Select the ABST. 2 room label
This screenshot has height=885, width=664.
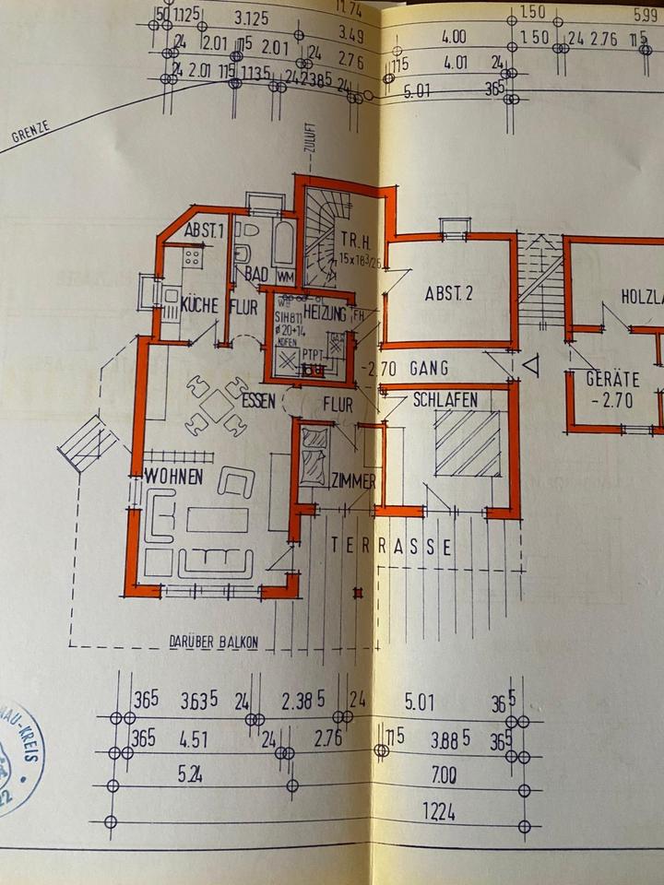448,295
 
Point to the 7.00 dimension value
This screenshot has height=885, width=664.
444,776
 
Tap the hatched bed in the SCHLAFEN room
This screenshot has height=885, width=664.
468,443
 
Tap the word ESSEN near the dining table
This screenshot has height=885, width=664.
260,403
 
